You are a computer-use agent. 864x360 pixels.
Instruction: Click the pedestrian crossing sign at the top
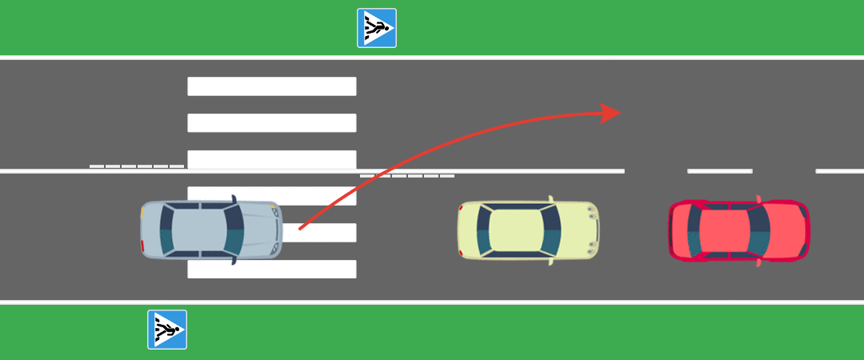coord(376,28)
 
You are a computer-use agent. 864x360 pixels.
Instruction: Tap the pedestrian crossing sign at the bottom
coord(166,330)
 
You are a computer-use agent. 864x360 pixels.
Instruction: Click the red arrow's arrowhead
coord(613,113)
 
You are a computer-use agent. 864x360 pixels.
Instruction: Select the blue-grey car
coord(211,230)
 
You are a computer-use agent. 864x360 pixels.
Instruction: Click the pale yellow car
coord(528,230)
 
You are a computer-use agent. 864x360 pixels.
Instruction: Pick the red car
coord(738,230)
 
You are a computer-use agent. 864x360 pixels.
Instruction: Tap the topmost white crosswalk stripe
coord(271,86)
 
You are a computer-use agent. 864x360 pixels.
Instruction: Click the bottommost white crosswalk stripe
coord(271,269)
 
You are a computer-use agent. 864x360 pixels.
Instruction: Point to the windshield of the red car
coord(759,230)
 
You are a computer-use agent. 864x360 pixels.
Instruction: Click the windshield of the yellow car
coord(553,230)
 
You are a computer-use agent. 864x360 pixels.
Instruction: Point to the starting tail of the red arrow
coord(302,228)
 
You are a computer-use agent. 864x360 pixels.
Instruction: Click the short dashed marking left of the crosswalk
coord(137,166)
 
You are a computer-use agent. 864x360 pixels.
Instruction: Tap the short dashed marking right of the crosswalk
coord(407,176)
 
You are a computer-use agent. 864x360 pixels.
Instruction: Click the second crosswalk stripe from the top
coord(271,122)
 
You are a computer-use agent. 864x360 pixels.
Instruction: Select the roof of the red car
coord(725,230)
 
